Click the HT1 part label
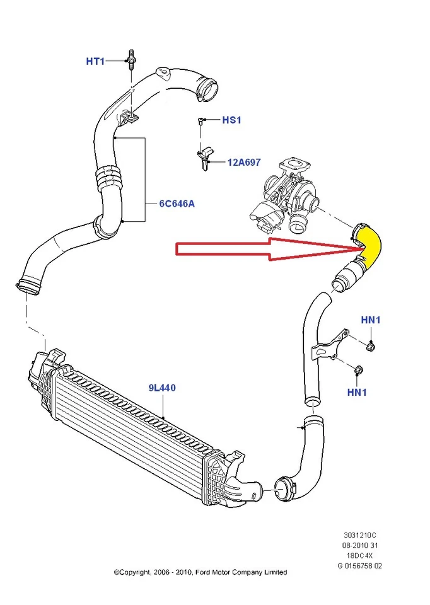tap(95, 61)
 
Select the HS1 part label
tap(231, 120)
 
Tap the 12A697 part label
tap(244, 163)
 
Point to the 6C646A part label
tap(177, 204)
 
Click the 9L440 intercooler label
tap(162, 388)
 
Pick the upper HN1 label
tap(371, 320)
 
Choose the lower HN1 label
tap(357, 392)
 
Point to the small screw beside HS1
tap(200, 120)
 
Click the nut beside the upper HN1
tap(371, 345)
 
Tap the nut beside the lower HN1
tap(357, 370)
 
